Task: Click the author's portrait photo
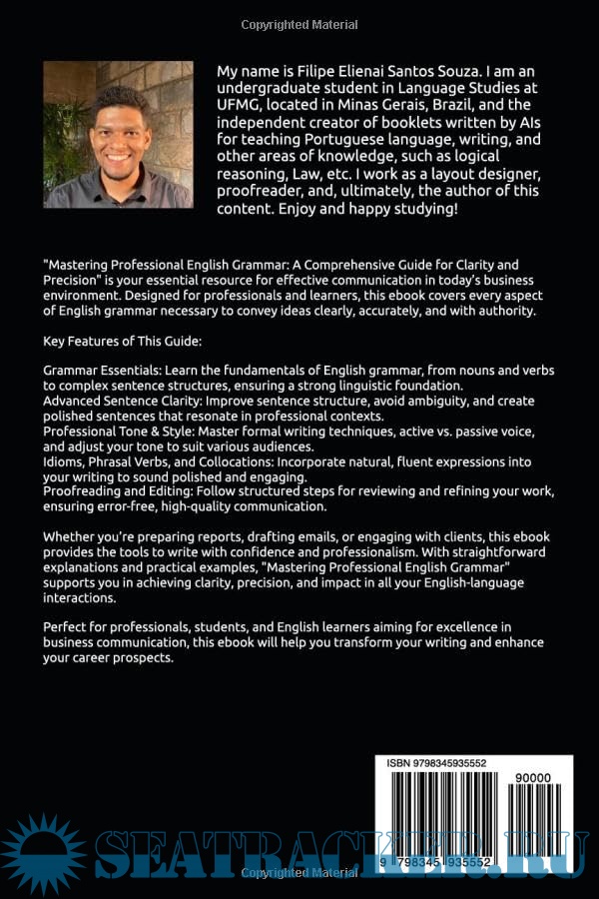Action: (118, 134)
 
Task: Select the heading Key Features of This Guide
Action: (122, 341)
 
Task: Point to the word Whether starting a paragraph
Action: (73, 537)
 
